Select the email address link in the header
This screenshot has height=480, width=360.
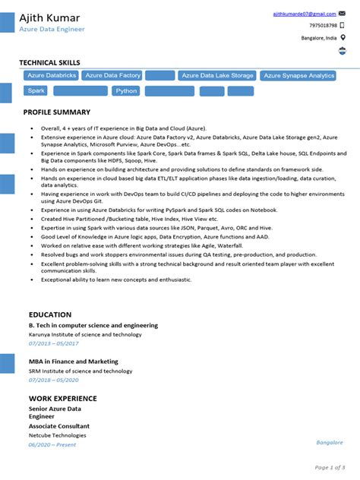[305, 14]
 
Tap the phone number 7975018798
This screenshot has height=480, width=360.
[323, 25]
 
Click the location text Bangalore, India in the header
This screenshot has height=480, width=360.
[319, 37]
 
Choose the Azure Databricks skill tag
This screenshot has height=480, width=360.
[52, 76]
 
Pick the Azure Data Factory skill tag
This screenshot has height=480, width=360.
[113, 76]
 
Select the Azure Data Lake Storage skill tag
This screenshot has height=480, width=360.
[217, 76]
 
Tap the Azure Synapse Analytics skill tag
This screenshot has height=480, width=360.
[298, 76]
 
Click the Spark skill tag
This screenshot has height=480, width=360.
[36, 91]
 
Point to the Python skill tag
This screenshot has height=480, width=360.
[126, 91]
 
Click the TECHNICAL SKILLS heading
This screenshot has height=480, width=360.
[49, 62]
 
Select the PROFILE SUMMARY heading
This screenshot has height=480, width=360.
[57, 112]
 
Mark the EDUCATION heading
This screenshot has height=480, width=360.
[50, 314]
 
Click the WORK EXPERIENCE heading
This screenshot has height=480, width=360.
[63, 398]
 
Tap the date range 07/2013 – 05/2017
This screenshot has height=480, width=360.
[54, 343]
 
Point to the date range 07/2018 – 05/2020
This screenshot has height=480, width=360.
[54, 380]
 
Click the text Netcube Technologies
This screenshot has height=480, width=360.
[57, 435]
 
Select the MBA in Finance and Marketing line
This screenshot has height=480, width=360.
[74, 362]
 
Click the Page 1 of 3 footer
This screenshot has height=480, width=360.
[330, 467]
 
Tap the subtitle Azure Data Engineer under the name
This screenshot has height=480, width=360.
[52, 29]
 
